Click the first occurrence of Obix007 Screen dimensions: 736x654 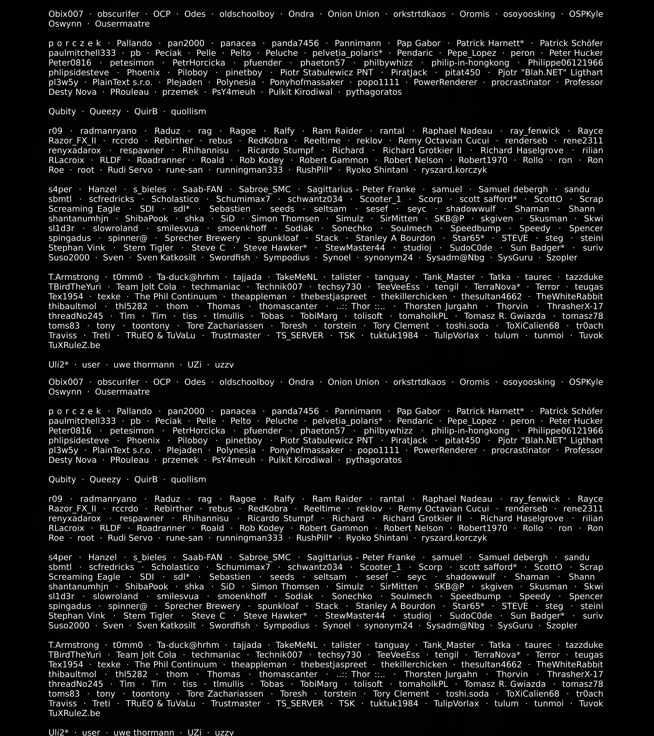[x=66, y=14]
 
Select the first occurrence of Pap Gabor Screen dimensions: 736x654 [x=419, y=43]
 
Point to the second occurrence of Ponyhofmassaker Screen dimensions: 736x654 [x=307, y=450]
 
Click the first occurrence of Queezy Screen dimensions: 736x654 [x=105, y=112]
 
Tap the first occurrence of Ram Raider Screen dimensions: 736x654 [x=337, y=131]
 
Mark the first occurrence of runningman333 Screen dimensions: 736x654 [x=250, y=170]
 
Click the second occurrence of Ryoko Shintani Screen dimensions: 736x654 [x=377, y=538]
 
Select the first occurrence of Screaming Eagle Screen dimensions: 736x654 [x=84, y=209]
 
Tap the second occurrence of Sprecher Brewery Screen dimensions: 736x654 [x=202, y=606]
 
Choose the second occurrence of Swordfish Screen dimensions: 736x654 [x=230, y=625]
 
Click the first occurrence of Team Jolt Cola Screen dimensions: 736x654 [x=146, y=287]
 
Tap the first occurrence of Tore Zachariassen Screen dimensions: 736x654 [x=225, y=326]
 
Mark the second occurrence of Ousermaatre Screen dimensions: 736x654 [x=122, y=392]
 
